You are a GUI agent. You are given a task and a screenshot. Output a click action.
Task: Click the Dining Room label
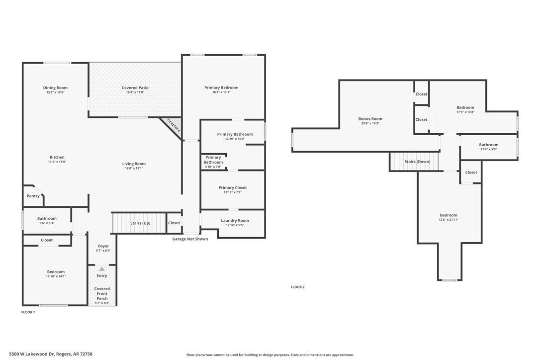55,88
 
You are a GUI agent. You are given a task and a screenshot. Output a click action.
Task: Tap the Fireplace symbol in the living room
172,126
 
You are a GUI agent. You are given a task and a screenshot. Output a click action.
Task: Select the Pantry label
33,196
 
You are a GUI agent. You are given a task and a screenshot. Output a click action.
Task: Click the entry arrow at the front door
102,269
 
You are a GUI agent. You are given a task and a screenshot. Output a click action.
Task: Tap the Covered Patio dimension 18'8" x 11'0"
135,92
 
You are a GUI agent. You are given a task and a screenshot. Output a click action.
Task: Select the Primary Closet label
232,187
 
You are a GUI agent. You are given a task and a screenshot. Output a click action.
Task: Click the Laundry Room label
235,220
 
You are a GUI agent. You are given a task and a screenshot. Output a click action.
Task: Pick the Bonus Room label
370,119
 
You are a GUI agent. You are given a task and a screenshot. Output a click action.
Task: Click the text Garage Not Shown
190,239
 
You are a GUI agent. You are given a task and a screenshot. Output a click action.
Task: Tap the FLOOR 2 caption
297,287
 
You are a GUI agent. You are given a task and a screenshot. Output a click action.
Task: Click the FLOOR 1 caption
28,312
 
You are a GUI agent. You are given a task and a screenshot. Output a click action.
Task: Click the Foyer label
103,246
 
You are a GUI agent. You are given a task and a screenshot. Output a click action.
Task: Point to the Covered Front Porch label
102,293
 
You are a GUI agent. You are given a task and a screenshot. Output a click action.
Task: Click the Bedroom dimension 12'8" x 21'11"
448,220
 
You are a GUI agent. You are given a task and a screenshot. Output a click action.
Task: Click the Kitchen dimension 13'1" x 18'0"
57,162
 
